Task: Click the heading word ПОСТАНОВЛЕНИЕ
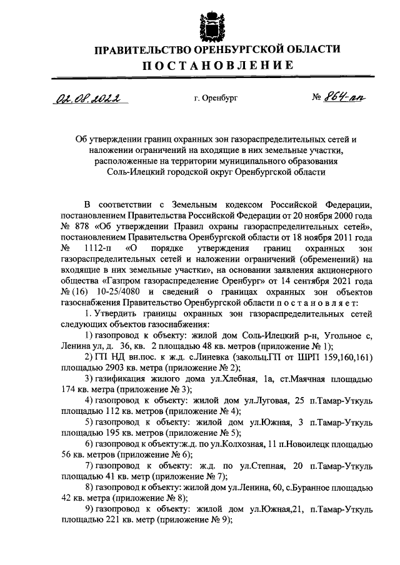click(x=216, y=66)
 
